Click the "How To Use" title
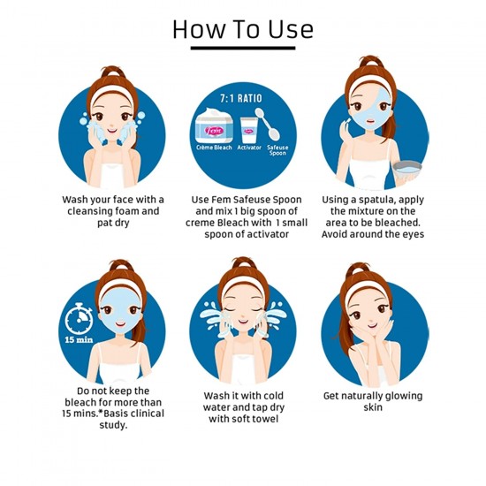coord(243,29)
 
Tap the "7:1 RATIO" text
coord(241,99)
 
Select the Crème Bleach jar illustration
coord(214,125)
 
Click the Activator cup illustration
coord(249,131)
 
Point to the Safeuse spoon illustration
coord(268,125)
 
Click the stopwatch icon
coord(79,319)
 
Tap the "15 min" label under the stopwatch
coord(79,340)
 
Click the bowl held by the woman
coord(407,170)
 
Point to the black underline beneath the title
coord(243,48)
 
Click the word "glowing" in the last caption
coord(403,397)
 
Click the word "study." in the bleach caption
coord(113,425)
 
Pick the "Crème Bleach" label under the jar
coord(214,148)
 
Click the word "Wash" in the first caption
coord(74,200)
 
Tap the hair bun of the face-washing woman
coord(114,72)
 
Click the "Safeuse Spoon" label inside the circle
coord(277,150)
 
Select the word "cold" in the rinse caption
coord(273,396)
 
